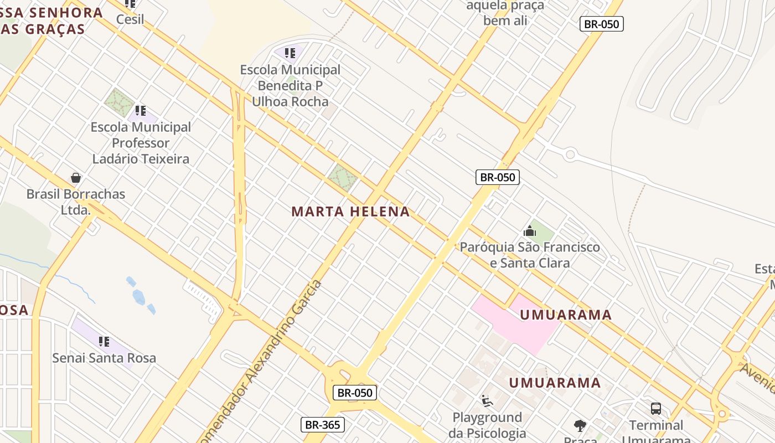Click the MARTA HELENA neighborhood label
(350, 212)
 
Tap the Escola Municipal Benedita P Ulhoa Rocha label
(290, 86)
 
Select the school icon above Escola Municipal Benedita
(290, 53)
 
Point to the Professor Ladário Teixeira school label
(141, 143)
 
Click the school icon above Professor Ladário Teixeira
(141, 111)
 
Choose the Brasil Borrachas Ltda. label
(76, 202)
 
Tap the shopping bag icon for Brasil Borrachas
(76, 178)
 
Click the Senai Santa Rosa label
(104, 358)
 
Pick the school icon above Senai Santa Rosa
(104, 341)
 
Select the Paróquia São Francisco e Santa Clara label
(530, 255)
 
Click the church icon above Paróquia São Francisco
(530, 231)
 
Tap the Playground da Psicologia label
(487, 425)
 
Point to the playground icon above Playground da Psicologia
(487, 401)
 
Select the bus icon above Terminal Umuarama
(656, 409)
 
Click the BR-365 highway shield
(323, 425)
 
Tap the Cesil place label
(130, 19)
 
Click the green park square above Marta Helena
(342, 177)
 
